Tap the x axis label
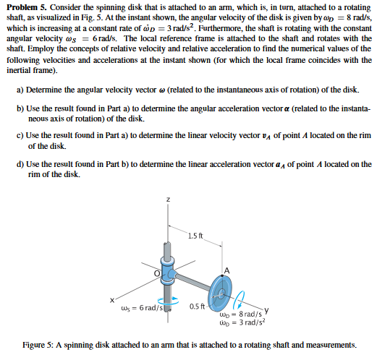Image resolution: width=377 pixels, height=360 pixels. (x=112, y=300)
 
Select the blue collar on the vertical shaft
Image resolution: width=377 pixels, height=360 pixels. (x=167, y=274)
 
